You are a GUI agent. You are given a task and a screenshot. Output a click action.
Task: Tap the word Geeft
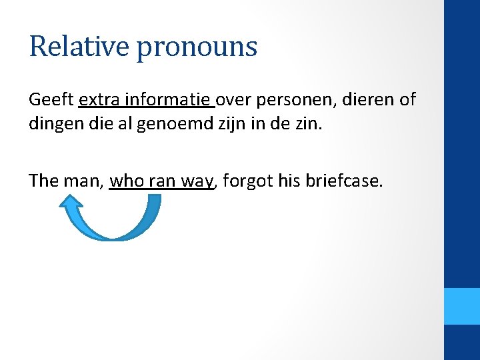pyautogui.click(x=51, y=101)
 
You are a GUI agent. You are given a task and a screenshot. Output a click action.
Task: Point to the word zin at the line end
pyautogui.click(x=309, y=125)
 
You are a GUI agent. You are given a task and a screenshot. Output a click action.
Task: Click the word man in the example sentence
pyautogui.click(x=83, y=181)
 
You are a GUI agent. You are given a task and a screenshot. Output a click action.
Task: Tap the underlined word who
pyautogui.click(x=125, y=181)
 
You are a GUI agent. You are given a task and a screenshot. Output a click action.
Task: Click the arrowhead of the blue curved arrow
pyautogui.click(x=70, y=204)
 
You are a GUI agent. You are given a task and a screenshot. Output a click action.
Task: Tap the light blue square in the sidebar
pyautogui.click(x=462, y=306)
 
